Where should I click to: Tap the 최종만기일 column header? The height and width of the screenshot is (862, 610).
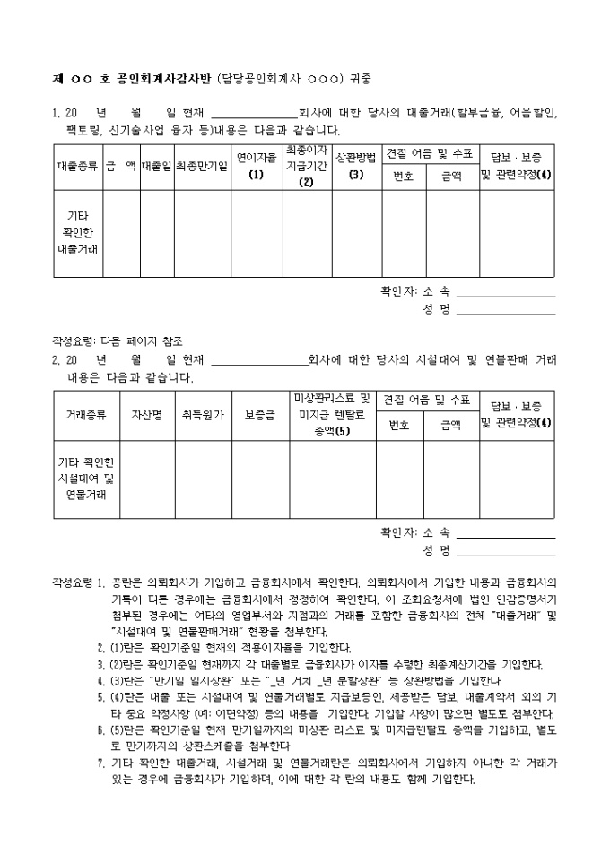pyautogui.click(x=201, y=167)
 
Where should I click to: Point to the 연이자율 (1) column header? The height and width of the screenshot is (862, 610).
pyautogui.click(x=257, y=166)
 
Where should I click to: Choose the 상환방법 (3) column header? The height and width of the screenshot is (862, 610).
pyautogui.click(x=356, y=166)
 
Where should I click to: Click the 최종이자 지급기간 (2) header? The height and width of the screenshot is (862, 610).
pyautogui.click(x=307, y=166)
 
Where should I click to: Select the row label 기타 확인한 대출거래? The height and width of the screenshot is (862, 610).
pyautogui.click(x=77, y=232)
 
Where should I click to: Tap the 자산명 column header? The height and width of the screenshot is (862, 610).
pyautogui.click(x=146, y=416)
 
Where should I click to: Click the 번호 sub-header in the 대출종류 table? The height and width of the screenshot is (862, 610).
pyautogui.click(x=404, y=177)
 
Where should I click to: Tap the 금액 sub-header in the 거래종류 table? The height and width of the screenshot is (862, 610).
pyautogui.click(x=449, y=426)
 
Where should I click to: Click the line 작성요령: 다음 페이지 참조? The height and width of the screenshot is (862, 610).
pyautogui.click(x=117, y=341)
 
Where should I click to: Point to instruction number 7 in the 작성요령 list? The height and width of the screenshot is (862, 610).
pyautogui.click(x=100, y=762)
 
